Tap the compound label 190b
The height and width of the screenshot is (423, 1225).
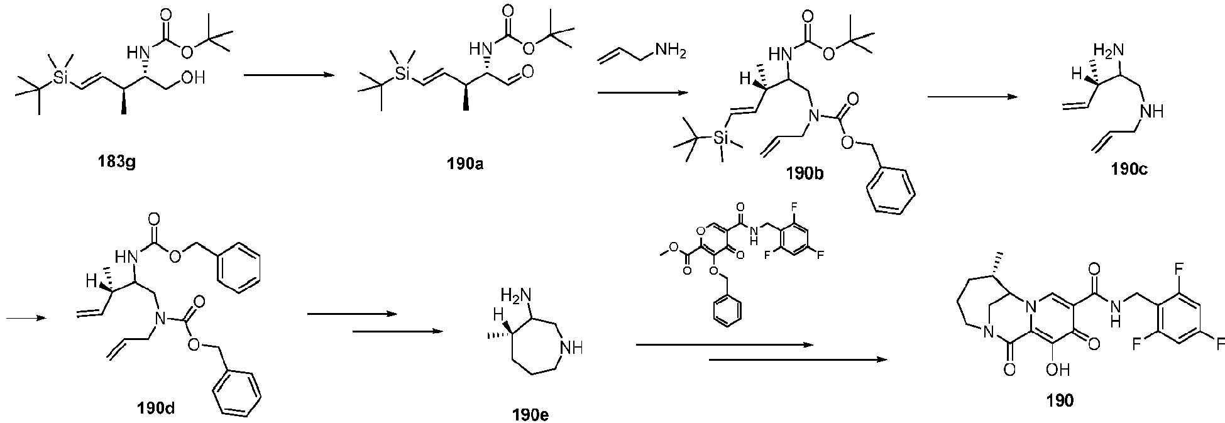(806, 174)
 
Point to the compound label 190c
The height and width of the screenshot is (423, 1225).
(1130, 168)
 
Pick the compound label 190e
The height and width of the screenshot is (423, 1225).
(533, 414)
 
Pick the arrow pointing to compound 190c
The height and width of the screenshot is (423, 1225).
(972, 96)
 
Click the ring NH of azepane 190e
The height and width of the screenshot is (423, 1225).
(575, 345)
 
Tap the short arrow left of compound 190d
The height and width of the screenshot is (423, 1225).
(25, 317)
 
